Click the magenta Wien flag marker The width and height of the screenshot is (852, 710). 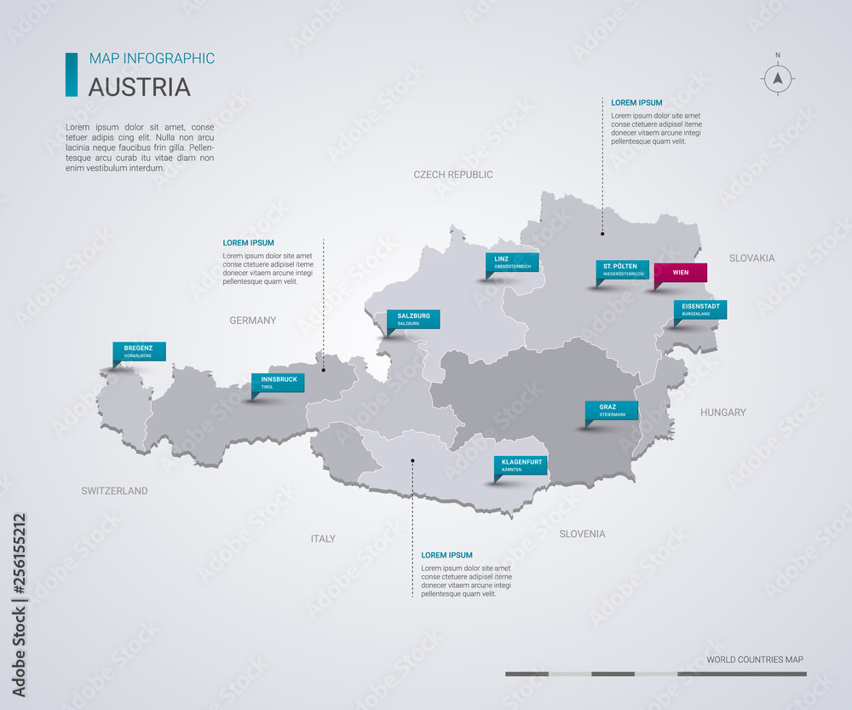(x=680, y=273)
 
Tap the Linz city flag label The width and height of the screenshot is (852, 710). (x=512, y=262)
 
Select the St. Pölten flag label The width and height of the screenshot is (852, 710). (x=622, y=270)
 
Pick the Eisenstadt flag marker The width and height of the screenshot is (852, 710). (x=699, y=309)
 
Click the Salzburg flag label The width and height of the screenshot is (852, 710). (x=413, y=319)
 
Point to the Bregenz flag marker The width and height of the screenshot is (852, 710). (x=139, y=351)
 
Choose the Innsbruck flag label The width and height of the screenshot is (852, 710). (x=278, y=382)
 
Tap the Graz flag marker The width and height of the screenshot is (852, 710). (x=612, y=410)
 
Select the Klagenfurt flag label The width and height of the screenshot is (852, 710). (x=521, y=465)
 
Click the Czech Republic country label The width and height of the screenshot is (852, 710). (x=453, y=175)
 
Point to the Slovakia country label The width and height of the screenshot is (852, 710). (x=751, y=257)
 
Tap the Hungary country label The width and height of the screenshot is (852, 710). (x=722, y=413)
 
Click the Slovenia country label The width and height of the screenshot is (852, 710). (x=582, y=534)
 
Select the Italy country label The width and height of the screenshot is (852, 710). (x=323, y=539)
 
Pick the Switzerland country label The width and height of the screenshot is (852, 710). (x=114, y=491)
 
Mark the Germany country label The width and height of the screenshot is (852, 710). (x=253, y=320)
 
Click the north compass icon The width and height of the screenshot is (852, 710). (x=777, y=78)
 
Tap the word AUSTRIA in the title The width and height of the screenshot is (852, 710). (x=140, y=87)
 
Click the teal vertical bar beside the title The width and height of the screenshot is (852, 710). (x=71, y=74)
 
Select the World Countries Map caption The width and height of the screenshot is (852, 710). (x=755, y=660)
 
